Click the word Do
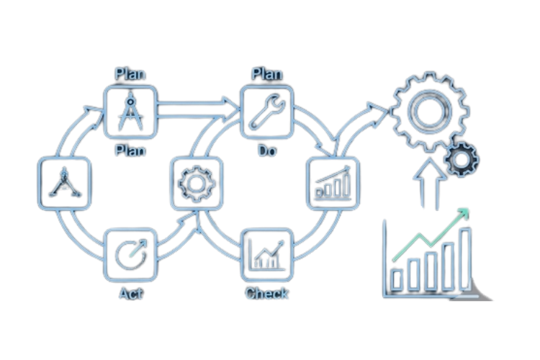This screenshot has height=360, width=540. tap(267, 150)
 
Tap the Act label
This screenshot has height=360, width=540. tap(131, 294)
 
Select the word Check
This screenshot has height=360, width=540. tap(266, 294)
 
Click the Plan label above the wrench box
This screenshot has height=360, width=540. tap(267, 74)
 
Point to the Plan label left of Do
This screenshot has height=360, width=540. tap(130, 150)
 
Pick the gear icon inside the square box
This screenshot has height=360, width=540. tap(197, 184)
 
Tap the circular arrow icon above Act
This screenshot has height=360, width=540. tap(131, 254)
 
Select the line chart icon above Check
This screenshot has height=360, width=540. tap(268, 255)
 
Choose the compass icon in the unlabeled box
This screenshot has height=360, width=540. tap(64, 183)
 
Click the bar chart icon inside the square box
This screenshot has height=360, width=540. tap(333, 183)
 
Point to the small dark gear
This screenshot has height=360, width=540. tap(462, 159)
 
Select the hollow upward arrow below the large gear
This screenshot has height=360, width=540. tap(430, 184)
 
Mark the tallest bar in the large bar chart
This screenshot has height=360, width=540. tap(466, 259)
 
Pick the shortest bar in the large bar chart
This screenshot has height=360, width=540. tap(397, 279)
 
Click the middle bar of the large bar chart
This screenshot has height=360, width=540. tap(431, 271)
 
